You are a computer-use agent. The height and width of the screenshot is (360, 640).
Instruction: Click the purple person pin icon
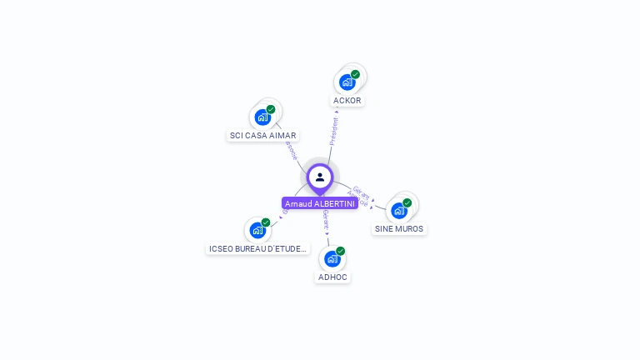tap(320, 177)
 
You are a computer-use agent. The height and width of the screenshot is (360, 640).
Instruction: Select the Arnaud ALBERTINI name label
tap(320, 203)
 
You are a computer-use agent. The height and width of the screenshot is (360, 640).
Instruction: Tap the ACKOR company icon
tap(347, 82)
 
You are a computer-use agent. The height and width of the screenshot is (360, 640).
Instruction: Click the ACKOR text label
tap(347, 101)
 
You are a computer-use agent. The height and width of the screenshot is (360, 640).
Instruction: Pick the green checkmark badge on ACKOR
tap(356, 74)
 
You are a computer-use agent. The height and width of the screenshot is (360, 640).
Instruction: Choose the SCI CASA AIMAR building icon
tap(262, 117)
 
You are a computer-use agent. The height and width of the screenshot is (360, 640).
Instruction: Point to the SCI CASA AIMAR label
tap(263, 135)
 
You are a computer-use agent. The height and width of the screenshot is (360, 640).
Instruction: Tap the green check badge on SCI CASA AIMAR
tap(271, 109)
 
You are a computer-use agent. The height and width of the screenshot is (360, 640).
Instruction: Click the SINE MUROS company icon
tap(399, 211)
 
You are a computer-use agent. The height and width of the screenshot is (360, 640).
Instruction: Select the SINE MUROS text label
tap(399, 228)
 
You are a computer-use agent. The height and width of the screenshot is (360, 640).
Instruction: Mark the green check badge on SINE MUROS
tap(407, 202)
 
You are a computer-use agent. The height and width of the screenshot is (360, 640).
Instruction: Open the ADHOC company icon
tap(332, 259)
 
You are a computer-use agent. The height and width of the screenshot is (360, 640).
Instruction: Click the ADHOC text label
tap(332, 277)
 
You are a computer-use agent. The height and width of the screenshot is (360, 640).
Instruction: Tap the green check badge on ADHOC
tap(341, 251)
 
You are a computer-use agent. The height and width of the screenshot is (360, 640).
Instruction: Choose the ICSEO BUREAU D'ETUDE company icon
tap(257, 231)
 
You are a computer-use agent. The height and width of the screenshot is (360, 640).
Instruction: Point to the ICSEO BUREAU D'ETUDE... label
tap(258, 248)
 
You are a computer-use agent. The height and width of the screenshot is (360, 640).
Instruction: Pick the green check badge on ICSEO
tap(266, 222)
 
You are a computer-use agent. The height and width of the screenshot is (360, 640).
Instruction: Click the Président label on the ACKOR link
tap(334, 131)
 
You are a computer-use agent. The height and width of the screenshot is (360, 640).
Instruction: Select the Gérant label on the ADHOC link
tap(327, 220)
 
